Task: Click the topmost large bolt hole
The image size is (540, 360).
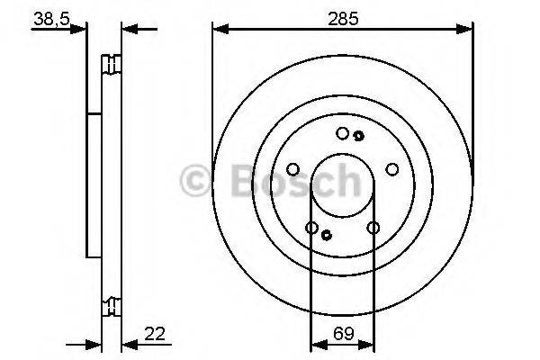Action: (x=342, y=133)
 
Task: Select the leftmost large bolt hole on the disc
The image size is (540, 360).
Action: (x=293, y=168)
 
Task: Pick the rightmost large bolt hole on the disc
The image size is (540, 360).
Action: (x=391, y=168)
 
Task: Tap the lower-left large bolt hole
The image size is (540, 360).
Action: (x=312, y=228)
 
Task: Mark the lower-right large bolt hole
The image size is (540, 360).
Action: (x=373, y=228)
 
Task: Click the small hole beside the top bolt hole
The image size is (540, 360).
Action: (x=358, y=136)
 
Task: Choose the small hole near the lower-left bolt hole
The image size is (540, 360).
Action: (x=327, y=235)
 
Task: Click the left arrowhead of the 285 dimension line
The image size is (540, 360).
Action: (x=219, y=30)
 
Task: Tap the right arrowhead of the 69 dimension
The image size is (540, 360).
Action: (x=369, y=343)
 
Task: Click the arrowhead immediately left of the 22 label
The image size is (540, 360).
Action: (x=127, y=343)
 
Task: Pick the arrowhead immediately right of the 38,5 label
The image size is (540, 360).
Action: (x=83, y=29)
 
